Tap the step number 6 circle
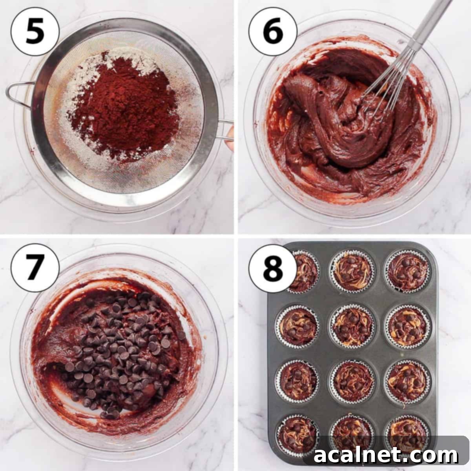click(273, 31)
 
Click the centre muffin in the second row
click(352, 326)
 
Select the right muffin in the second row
click(407, 326)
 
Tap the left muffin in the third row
click(297, 381)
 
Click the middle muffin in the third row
click(352, 381)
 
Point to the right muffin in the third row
click(407, 381)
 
